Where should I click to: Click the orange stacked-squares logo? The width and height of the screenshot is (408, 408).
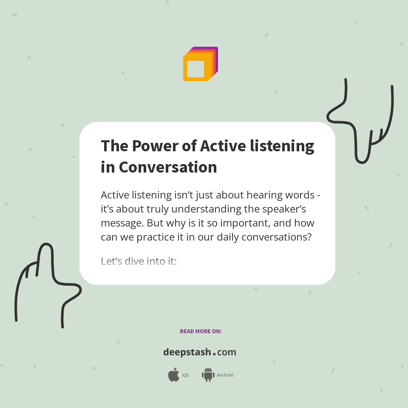[200, 64]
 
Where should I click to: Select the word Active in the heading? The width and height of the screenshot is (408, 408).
[223, 146]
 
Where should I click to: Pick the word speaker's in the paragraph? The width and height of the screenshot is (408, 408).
[282, 209]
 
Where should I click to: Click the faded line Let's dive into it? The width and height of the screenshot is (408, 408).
[139, 261]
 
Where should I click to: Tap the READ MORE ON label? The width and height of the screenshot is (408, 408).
[201, 331]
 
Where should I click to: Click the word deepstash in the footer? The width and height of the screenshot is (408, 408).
[187, 352]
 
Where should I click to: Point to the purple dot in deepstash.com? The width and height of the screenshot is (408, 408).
[214, 354]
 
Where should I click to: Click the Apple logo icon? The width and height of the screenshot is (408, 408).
[173, 375]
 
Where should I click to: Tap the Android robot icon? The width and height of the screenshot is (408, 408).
[208, 375]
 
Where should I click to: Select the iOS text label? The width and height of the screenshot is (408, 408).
[185, 375]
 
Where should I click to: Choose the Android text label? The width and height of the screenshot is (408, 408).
[225, 375]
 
